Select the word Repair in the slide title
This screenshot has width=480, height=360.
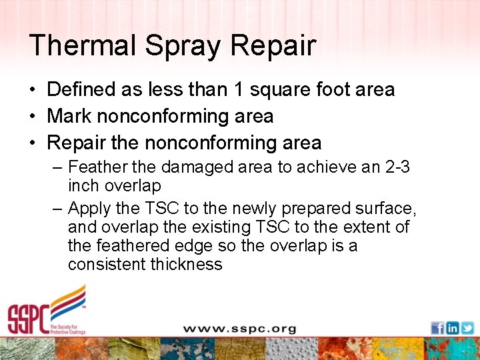[273, 46]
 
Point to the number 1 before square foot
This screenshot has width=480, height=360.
[237, 89]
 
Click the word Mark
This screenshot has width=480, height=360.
[69, 116]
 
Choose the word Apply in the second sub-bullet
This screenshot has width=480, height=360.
[91, 209]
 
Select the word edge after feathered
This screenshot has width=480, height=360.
[193, 246]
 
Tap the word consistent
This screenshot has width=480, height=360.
[107, 265]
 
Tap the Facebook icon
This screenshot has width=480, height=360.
[437, 327]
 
